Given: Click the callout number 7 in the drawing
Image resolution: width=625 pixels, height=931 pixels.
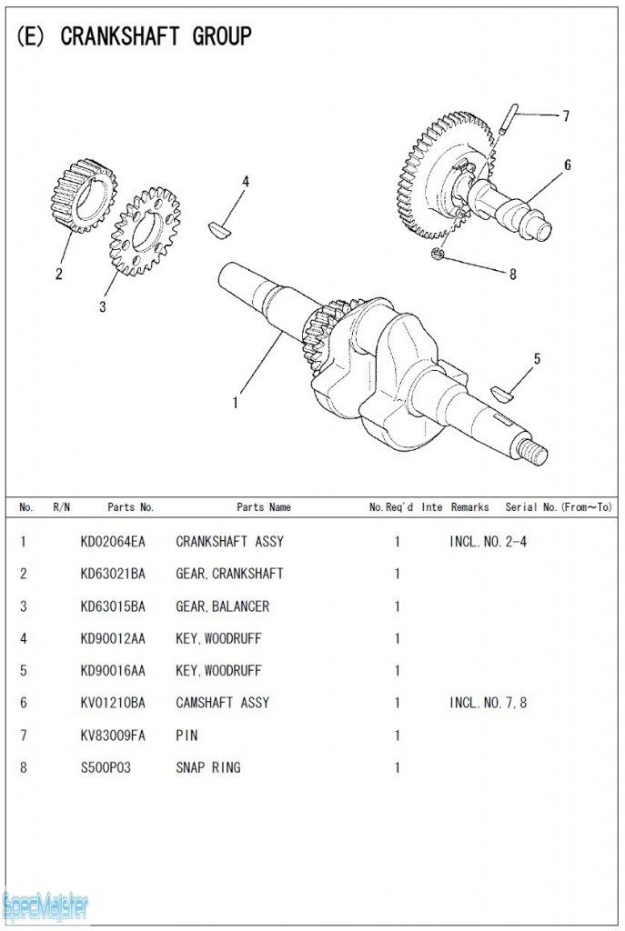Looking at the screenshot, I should [565, 116].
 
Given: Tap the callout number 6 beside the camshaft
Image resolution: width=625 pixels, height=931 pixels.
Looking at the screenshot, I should [567, 165].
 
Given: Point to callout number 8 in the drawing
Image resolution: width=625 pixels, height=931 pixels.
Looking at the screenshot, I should [512, 275].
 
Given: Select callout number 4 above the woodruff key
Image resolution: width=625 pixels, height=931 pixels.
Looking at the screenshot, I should [245, 181].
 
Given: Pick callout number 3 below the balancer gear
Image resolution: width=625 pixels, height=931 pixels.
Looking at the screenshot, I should [102, 306].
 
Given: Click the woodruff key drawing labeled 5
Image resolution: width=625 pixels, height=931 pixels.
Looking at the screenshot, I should [502, 392].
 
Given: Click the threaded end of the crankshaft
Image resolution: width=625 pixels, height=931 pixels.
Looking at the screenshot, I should [534, 450].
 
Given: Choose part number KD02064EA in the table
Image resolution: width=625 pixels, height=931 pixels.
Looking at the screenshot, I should [112, 542].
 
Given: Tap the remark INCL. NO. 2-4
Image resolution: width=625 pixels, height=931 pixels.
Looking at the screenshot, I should [488, 542].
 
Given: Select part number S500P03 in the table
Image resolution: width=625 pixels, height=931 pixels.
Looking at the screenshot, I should [106, 767].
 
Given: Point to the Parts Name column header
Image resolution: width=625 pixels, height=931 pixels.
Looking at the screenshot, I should [264, 507].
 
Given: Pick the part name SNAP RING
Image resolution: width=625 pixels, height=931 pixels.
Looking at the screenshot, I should [208, 767].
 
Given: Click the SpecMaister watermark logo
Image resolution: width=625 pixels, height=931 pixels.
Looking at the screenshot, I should [45, 906].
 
